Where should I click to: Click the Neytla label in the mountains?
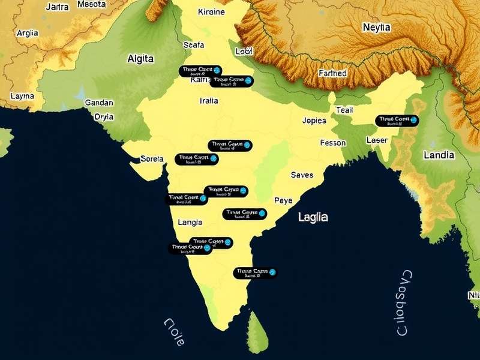(376, 28)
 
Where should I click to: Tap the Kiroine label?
(211, 11)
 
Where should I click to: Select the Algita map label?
(140, 59)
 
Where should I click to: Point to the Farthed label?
(332, 73)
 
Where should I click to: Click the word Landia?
(439, 155)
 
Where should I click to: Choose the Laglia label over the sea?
(313, 217)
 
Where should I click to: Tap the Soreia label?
(151, 159)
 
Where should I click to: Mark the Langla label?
(190, 222)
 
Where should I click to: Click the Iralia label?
(208, 101)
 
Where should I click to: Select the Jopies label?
(314, 120)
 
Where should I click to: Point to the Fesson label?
(333, 143)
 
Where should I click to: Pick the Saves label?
(302, 175)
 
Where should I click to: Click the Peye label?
(283, 200)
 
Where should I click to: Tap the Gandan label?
(99, 103)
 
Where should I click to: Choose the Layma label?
(22, 96)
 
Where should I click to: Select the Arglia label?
(28, 34)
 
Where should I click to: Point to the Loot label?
(244, 52)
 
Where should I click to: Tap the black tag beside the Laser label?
(397, 121)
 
